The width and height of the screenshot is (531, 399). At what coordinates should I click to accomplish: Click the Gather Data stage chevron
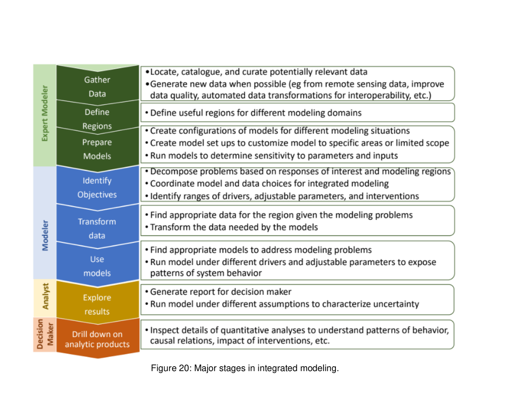pos(97,87)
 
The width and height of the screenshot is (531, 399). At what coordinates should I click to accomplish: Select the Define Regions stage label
pos(97,119)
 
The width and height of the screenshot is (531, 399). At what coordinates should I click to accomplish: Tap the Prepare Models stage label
pos(97,149)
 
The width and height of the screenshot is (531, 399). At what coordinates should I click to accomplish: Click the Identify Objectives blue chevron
pos(97,188)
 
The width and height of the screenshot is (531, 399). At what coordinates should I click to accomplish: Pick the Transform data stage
pos(97,228)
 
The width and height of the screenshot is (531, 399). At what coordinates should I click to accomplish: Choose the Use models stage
pos(97,266)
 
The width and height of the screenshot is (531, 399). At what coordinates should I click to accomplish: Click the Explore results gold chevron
pos(97,304)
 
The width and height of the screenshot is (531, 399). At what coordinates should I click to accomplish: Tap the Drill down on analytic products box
pos(97,339)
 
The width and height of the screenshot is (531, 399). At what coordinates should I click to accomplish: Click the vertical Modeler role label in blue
pos(45,235)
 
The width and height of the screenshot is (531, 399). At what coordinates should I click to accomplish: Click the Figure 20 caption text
pos(245,368)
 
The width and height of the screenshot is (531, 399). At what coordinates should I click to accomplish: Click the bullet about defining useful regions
pos(256,113)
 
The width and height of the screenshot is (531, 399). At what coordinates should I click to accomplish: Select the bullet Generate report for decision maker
pos(221,292)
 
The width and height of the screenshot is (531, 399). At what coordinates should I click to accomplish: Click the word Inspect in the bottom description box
pos(163,330)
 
